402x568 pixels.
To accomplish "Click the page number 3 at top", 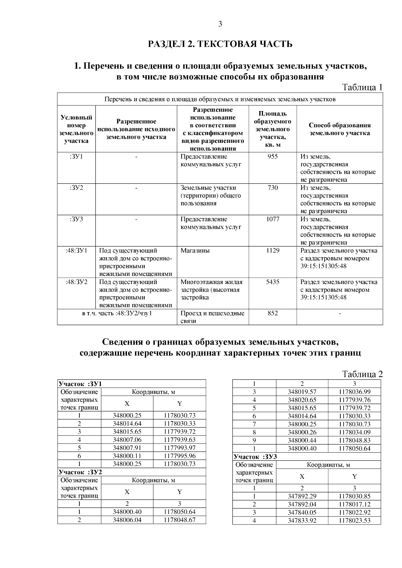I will coord(220,24).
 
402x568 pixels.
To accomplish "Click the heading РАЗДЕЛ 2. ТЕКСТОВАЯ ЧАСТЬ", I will coord(220,44).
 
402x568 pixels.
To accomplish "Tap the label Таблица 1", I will coord(362,87).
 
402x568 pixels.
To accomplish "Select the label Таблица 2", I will coord(362,374).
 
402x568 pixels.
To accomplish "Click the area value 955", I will coord(272,157).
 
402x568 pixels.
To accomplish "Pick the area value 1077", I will coord(272,219).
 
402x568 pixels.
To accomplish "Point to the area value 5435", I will coord(272,282).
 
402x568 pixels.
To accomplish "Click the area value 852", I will coord(272,313).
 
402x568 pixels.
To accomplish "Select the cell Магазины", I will coord(195,251).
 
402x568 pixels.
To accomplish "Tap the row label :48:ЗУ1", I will coord(76,251).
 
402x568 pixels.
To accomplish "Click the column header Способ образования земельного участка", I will coord(339,129).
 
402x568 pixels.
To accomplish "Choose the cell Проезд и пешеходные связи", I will coord(212,317).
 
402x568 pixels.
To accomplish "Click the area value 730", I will coord(272,188).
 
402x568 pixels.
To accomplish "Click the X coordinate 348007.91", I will coord(127,448).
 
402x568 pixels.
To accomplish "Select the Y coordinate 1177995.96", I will coord(180,456).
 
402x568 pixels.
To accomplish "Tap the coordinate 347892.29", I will coord(302,496).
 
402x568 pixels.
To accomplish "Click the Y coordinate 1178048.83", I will coord(354,440).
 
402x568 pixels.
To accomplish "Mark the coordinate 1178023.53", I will coord(354,520).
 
